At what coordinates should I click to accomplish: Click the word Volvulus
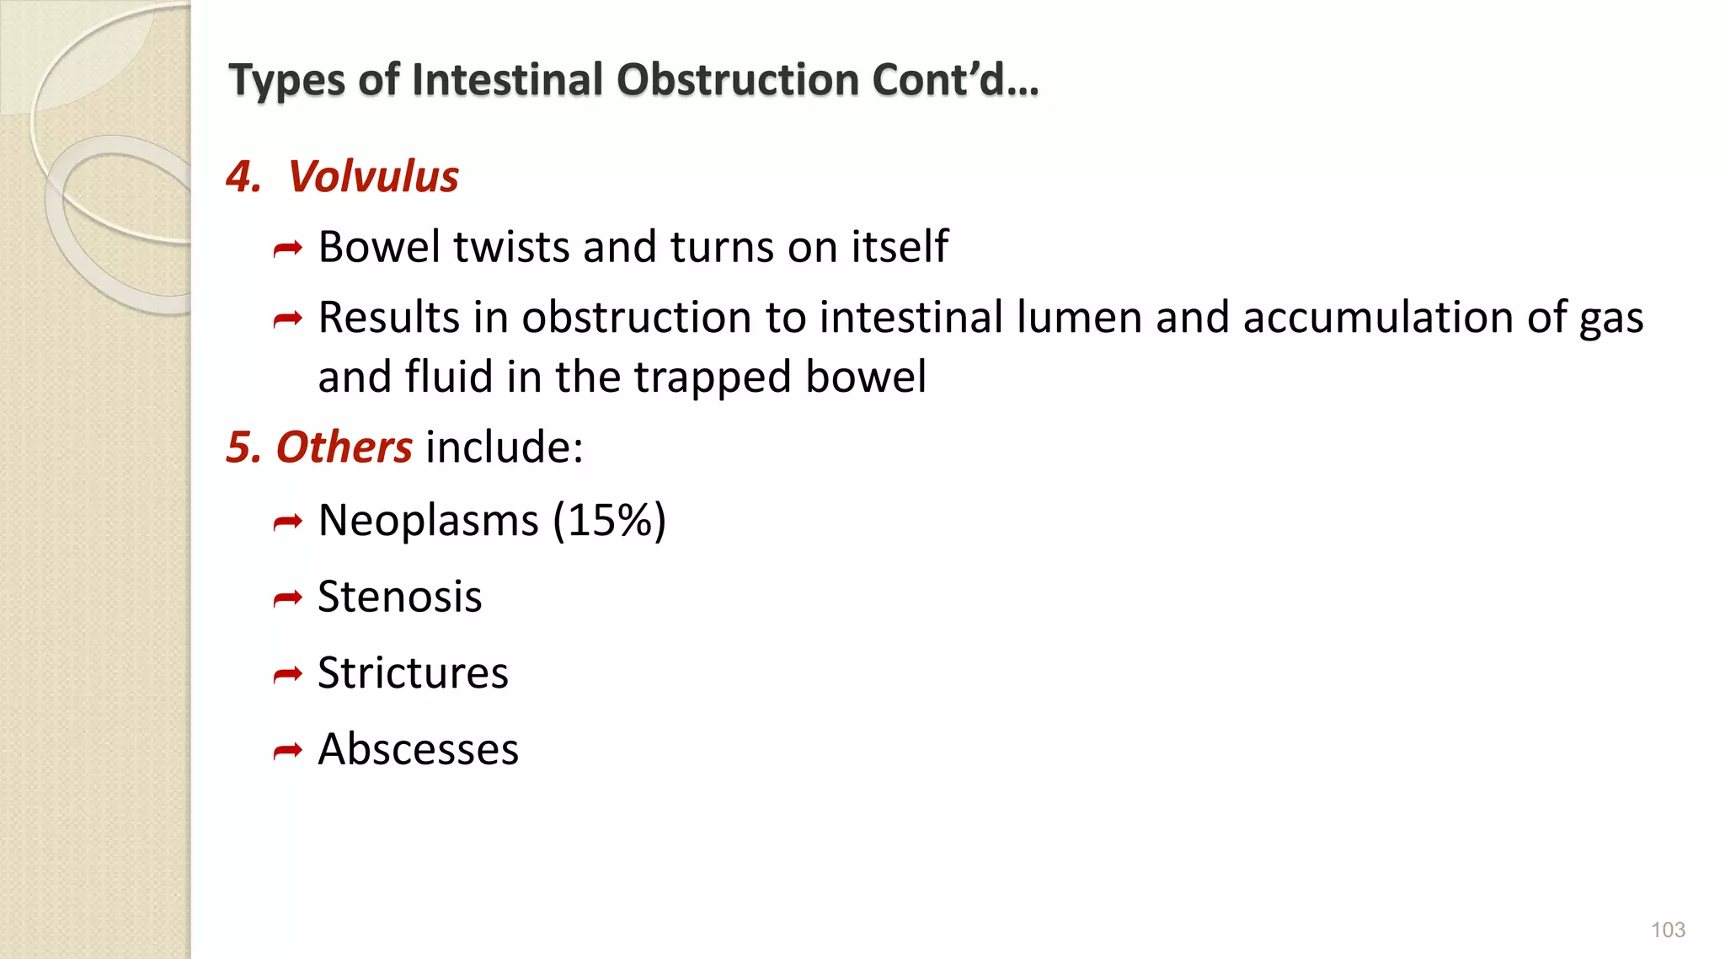coord(373,177)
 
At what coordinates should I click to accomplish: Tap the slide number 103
coord(1667,930)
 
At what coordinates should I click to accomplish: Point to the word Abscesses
coord(418,749)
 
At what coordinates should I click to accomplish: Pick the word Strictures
coord(413,673)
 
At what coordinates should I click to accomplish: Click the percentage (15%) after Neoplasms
coord(609,520)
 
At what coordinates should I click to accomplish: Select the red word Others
coord(344,447)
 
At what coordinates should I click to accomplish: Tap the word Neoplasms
coord(428,520)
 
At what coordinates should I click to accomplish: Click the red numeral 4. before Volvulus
coord(243,177)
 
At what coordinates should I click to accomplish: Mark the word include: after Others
coord(504,447)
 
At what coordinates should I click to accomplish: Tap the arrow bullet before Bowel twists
coord(287,249)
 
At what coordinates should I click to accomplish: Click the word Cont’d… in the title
coord(955,81)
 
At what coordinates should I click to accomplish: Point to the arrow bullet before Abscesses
coord(287,751)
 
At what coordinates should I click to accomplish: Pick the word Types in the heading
coord(287,81)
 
